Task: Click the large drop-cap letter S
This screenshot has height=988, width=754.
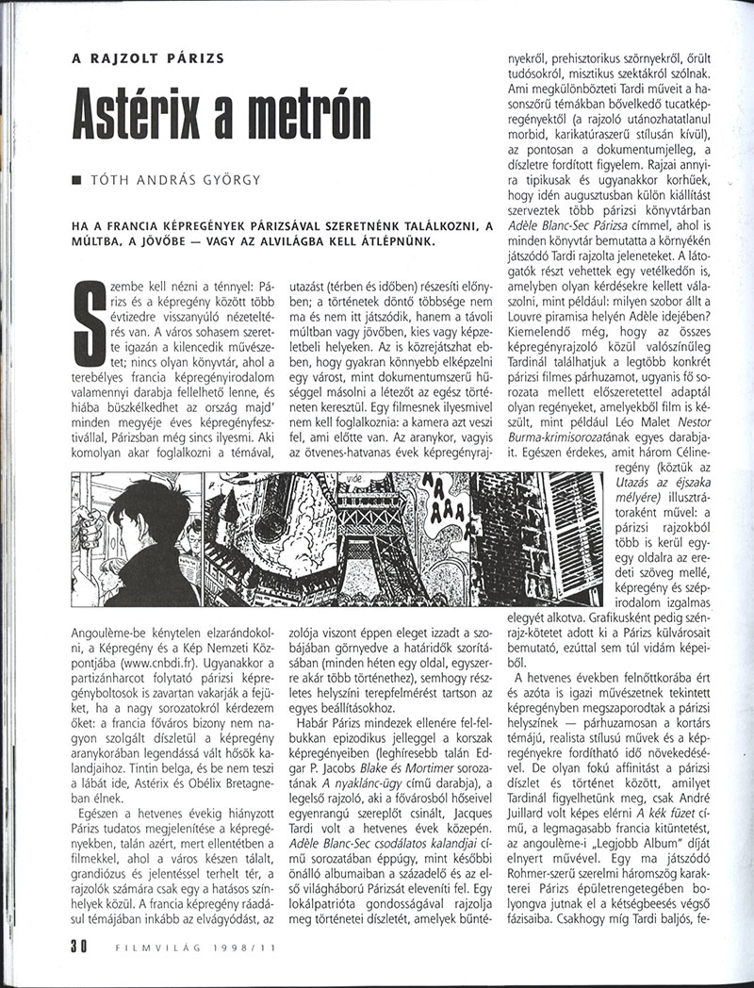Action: click(87, 330)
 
